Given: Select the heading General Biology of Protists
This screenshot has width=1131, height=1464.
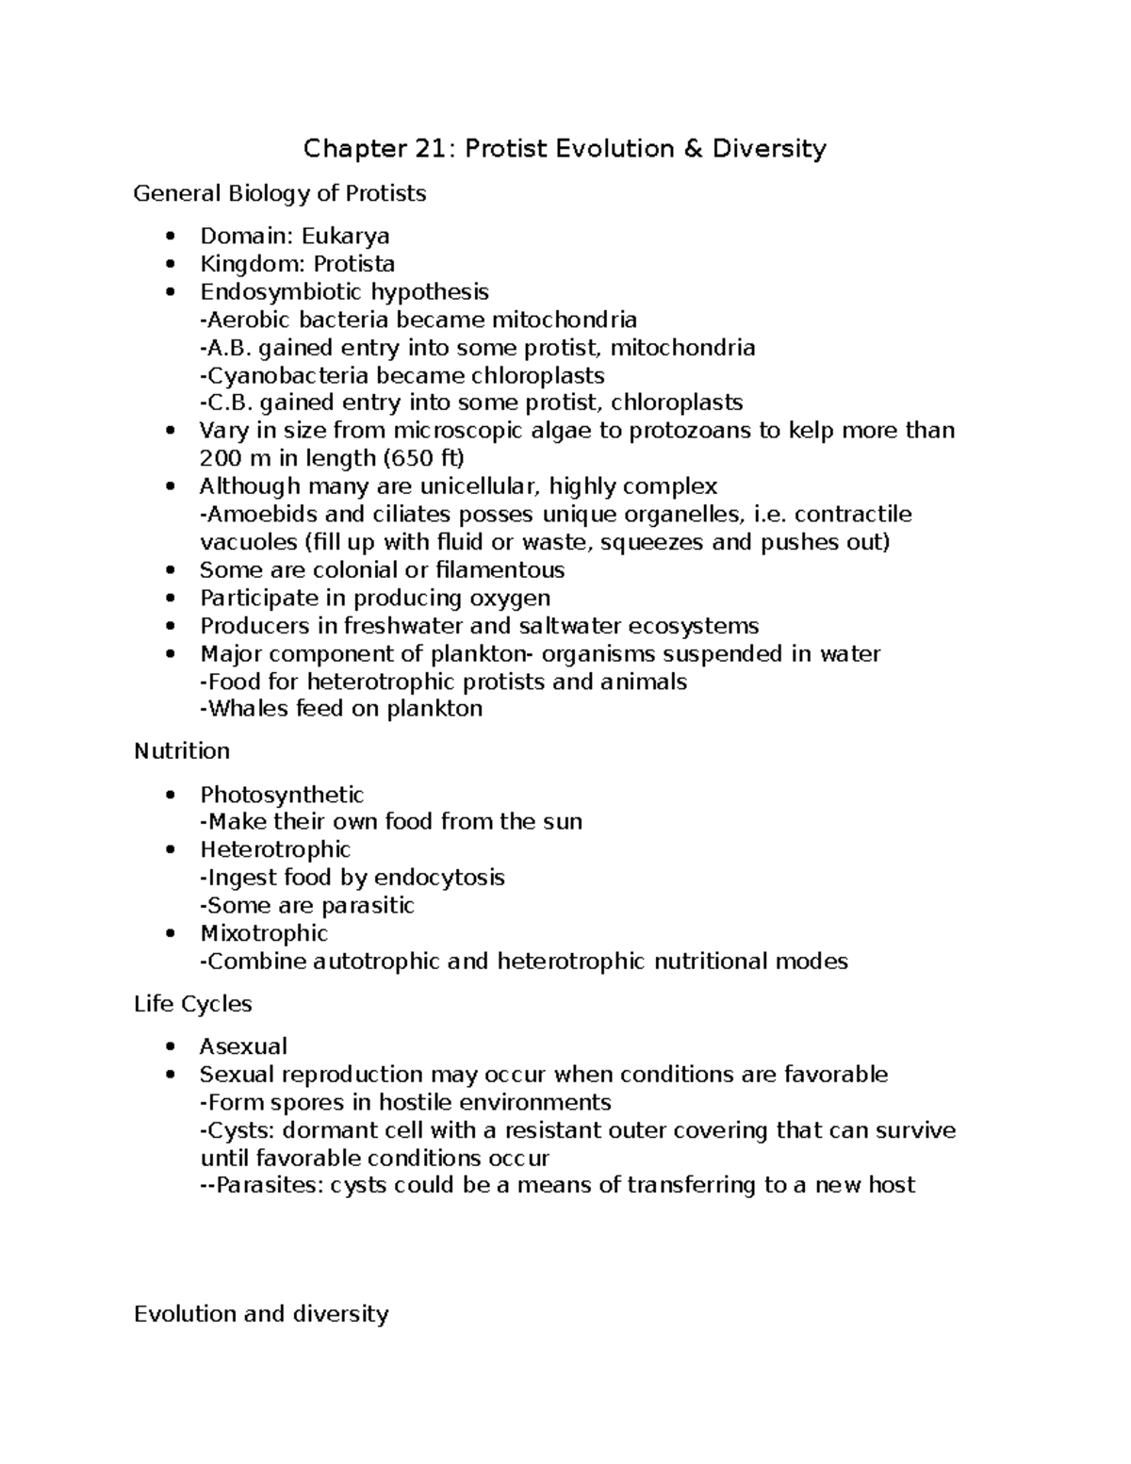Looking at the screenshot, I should click(x=280, y=194).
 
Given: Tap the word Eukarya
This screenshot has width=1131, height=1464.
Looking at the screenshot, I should click(x=345, y=236).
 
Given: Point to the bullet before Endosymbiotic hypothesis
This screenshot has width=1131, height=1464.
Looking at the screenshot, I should click(x=170, y=292).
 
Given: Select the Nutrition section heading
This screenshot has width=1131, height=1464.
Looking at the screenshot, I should click(x=182, y=751).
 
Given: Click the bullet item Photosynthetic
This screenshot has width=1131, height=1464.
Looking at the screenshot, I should click(x=282, y=795).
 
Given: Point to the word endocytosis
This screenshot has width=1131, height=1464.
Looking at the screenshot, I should click(x=439, y=878).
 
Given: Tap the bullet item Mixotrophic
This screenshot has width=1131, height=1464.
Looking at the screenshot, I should click(x=264, y=933).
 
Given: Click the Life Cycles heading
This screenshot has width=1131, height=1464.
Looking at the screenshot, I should click(x=193, y=1004).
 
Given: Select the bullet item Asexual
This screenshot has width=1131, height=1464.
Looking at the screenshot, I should click(x=243, y=1046).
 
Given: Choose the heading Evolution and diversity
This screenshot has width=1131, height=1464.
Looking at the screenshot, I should click(x=261, y=1314).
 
